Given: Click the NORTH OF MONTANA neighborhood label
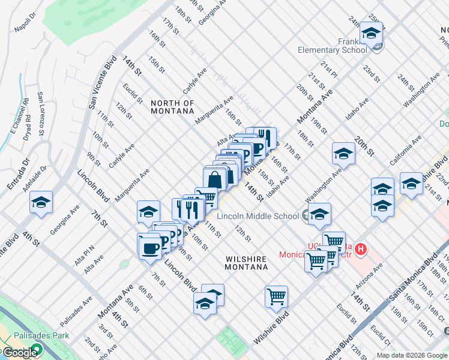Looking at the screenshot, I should [x=172, y=107].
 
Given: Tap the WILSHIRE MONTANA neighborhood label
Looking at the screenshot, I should [x=246, y=263].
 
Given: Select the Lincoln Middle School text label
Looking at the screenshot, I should [x=258, y=216].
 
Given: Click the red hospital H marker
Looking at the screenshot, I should [x=360, y=248].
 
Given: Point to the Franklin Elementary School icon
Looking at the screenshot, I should [x=372, y=35].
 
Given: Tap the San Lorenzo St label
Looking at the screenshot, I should [x=41, y=114].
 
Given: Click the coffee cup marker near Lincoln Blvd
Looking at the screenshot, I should [x=149, y=248].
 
